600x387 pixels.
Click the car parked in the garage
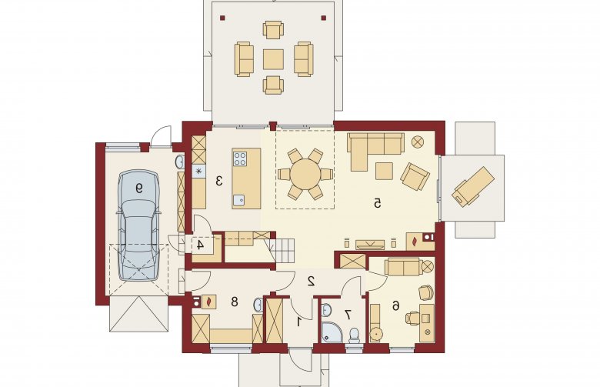pos(138,226)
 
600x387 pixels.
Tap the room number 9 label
pos(139,188)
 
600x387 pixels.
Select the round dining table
pos(305,174)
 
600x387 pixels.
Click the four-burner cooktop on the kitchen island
pos(240,158)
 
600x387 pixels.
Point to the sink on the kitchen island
pos(239,200)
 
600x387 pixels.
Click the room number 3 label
pos(219,181)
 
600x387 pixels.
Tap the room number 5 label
pos(377,203)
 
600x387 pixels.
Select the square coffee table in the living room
pos(384,171)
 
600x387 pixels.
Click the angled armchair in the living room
pos(415,176)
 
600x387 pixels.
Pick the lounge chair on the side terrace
pos(473,186)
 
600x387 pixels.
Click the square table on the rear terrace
pos(273,59)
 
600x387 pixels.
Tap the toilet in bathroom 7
pos(354,335)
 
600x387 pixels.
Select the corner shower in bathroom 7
pos(330,332)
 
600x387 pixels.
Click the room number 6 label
pos(395,305)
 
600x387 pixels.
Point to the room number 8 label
pos(234,302)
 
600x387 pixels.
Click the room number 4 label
pos(200,245)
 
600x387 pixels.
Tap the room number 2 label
pos(311,282)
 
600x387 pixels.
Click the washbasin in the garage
pos(179,162)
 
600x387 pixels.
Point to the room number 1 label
pos(299,321)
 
